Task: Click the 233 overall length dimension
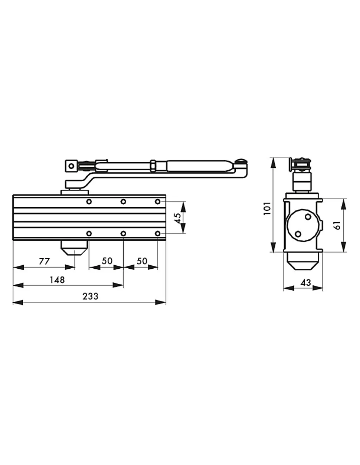[x=90, y=297]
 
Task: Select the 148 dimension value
[x=57, y=280]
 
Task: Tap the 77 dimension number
[x=44, y=261]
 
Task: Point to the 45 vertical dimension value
[x=177, y=218]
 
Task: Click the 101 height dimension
[x=267, y=208]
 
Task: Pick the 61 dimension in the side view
[x=337, y=225]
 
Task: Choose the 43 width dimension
[x=305, y=283]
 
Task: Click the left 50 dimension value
[x=107, y=261]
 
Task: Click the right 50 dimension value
[x=142, y=261]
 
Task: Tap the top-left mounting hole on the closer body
[x=89, y=202]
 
